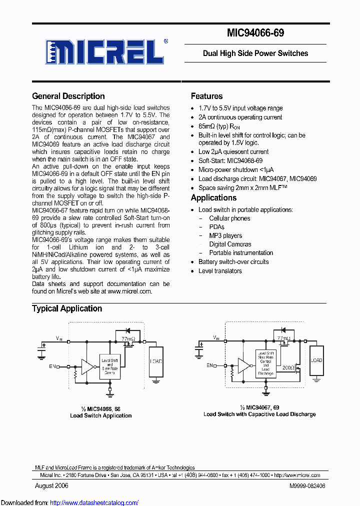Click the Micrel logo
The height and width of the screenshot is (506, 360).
coord(105,51)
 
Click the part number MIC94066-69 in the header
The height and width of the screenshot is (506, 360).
coord(255,33)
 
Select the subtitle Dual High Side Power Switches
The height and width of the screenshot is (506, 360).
coord(255,53)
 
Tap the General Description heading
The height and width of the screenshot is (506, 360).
coord(68,96)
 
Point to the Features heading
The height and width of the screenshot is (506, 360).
coord(206,96)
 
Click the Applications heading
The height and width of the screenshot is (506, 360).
coord(213,197)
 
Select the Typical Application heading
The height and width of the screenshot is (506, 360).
coord(67,308)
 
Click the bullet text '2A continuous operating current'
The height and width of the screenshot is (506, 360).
coord(240,117)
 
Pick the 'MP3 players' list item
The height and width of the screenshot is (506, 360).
coord(225,235)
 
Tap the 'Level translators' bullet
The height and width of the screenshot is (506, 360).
coord(220,271)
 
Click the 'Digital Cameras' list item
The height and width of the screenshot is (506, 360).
coord(230,244)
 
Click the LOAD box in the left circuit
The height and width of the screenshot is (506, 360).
coord(156,360)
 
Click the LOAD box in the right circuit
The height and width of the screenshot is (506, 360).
coord(316,360)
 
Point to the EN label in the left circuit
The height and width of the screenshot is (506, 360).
coord(52,366)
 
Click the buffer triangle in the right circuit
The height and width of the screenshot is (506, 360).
coord(244,366)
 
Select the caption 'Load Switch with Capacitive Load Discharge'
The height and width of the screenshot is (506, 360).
coord(259,414)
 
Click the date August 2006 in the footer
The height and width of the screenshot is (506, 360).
coord(51,485)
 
